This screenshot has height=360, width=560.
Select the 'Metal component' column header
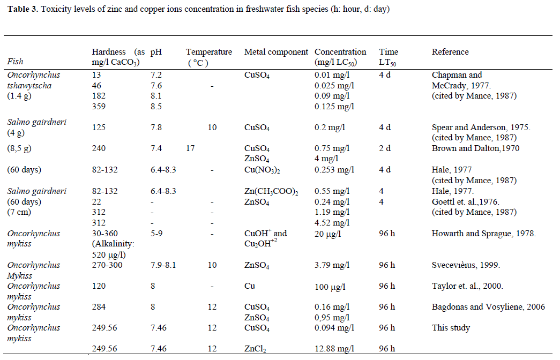pyautogui.click(x=276, y=52)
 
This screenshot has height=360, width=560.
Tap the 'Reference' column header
pyautogui.click(x=450, y=52)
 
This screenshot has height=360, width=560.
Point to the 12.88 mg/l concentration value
pyautogui.click(x=334, y=349)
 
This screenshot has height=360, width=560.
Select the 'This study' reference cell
pyautogui.click(x=451, y=328)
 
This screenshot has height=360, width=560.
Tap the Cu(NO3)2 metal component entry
pyautogui.click(x=263, y=170)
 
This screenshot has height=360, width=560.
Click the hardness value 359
pyautogui.click(x=99, y=107)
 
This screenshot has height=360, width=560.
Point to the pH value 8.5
pyautogui.click(x=156, y=107)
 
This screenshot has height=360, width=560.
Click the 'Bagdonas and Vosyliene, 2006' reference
pyautogui.click(x=488, y=307)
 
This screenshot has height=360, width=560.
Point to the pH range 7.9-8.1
pyautogui.click(x=163, y=265)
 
